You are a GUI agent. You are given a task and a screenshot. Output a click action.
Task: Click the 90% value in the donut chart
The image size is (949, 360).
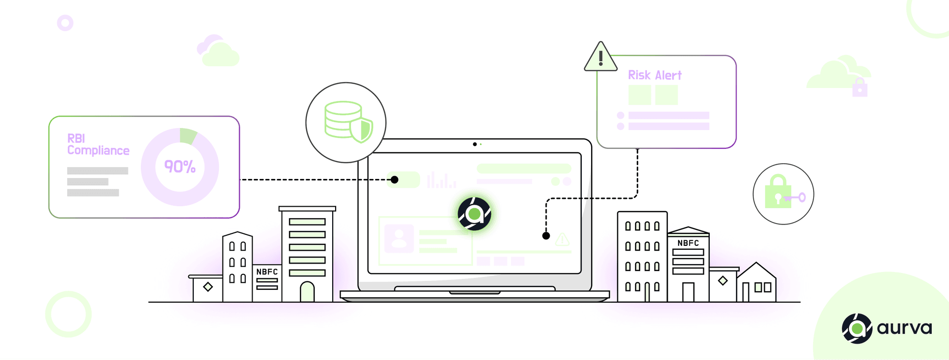click(x=180, y=167)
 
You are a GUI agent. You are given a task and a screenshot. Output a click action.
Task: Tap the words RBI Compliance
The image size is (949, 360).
click(x=98, y=144)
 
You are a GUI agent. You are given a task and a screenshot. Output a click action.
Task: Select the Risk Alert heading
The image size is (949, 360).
click(x=654, y=75)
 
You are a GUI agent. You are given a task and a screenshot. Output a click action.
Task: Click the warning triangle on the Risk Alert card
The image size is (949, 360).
click(x=601, y=58)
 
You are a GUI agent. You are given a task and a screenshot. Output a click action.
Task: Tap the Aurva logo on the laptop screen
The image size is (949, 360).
click(x=474, y=214)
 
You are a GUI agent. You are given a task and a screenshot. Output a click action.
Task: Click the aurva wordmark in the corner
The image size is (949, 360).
click(x=904, y=328)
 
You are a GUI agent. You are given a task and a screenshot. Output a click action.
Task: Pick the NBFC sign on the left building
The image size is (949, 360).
click(x=267, y=272)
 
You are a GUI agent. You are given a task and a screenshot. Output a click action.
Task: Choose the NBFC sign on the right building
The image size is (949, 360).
click(x=688, y=243)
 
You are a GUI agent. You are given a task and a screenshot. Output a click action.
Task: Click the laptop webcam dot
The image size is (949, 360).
click(x=474, y=144)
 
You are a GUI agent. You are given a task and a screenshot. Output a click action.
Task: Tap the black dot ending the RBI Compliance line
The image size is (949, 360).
click(x=394, y=180)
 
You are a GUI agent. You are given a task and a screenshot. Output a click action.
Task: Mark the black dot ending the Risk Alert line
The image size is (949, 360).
click(x=546, y=236)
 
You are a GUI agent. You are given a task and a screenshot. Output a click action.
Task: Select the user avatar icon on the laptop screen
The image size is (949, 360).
click(x=399, y=239)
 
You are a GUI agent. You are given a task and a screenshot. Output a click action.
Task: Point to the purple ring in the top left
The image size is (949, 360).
click(x=65, y=23)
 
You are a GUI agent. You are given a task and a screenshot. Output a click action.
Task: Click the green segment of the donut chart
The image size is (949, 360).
click(x=188, y=135)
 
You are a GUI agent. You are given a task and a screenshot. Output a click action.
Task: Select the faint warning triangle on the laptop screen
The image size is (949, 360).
click(x=562, y=240)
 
